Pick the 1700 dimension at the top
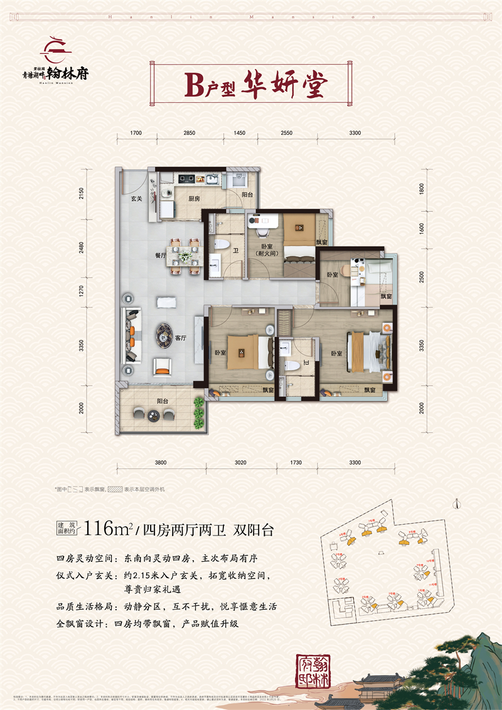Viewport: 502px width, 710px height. [x=137, y=133]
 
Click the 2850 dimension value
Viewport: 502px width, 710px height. [x=190, y=133]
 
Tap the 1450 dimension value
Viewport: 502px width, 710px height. [x=239, y=133]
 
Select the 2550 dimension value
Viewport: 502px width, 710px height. [x=286, y=133]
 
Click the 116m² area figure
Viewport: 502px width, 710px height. [x=111, y=529]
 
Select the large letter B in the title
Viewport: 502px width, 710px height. [x=195, y=83]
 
